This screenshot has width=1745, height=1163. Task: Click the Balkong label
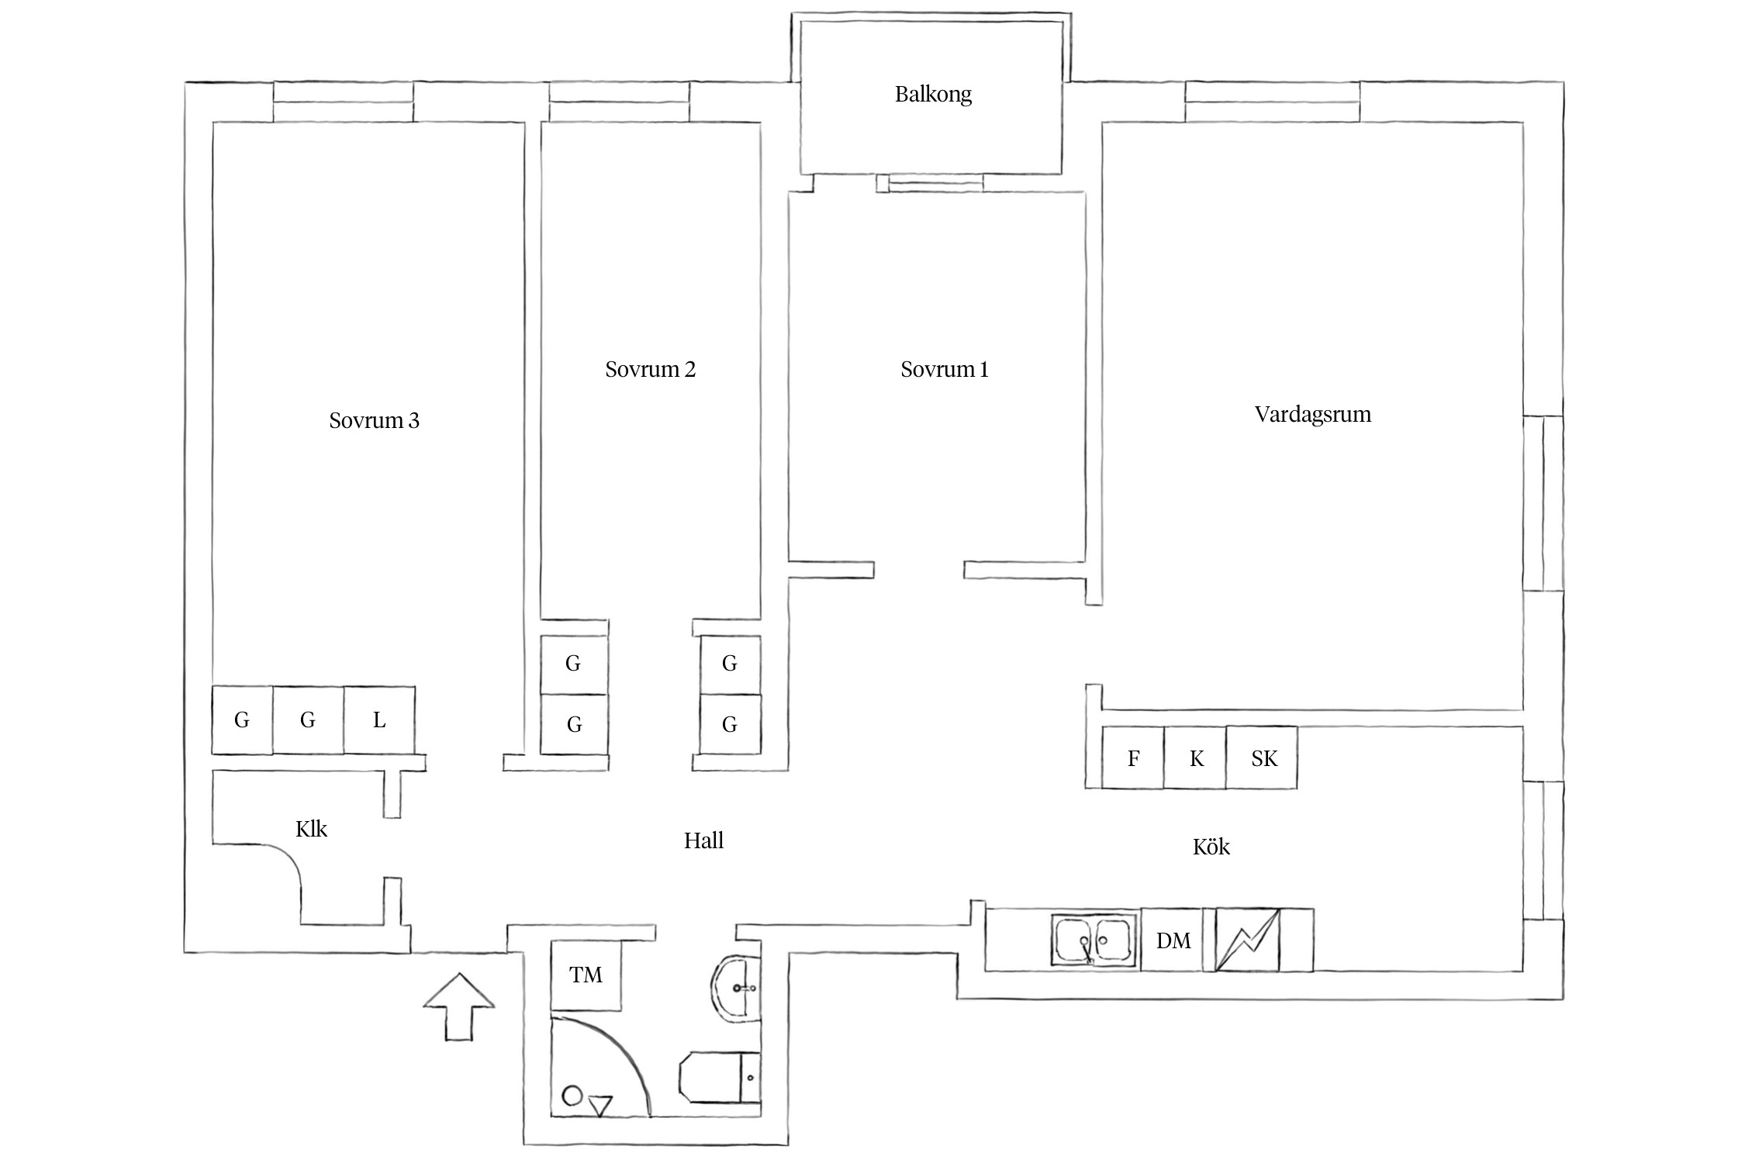(933, 95)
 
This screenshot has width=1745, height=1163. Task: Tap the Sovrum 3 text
(374, 420)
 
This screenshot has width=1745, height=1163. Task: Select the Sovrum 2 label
(650, 369)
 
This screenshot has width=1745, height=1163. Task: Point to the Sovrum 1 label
(945, 369)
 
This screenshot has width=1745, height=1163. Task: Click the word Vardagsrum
(1313, 414)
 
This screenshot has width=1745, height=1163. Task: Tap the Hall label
(703, 840)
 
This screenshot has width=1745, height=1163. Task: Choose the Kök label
(1211, 846)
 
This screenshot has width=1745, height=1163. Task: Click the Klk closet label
(311, 829)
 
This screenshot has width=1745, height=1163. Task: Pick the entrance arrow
(459, 1006)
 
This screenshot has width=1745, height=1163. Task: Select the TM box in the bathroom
(586, 975)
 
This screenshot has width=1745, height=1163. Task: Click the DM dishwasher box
(1173, 940)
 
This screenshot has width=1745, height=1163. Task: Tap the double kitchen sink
(1094, 940)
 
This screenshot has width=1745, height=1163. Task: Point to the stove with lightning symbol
(1247, 940)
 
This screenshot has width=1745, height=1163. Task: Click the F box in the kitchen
(1133, 758)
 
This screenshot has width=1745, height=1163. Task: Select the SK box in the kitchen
(1262, 758)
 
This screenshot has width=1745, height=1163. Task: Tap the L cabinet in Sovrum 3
(379, 720)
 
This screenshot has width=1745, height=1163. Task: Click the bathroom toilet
(720, 1077)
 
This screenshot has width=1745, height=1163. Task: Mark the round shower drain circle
(572, 1096)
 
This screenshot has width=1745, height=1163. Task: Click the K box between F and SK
(1195, 758)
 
